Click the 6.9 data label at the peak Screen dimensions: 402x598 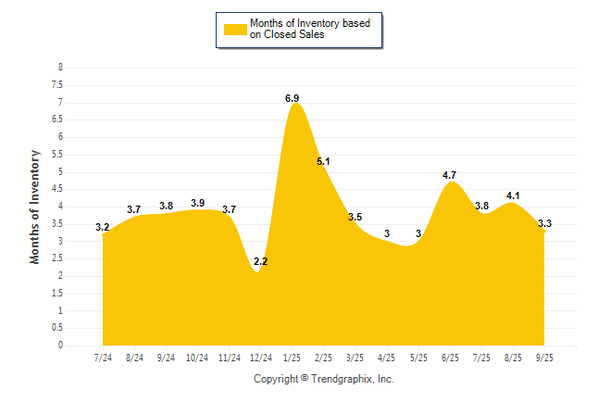[292, 97]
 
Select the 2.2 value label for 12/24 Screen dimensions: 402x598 [260, 262]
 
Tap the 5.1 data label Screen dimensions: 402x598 [323, 161]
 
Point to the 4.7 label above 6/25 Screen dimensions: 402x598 [450, 174]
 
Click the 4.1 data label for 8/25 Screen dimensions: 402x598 [513, 195]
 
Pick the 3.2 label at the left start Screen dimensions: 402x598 [103, 227]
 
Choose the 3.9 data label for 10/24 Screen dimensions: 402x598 [197, 203]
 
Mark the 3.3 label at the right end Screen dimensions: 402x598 [544, 223]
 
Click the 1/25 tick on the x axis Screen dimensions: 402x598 [292, 357]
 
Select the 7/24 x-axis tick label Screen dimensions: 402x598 [103, 357]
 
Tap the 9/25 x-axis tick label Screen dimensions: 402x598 [544, 357]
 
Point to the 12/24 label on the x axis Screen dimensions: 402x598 [260, 357]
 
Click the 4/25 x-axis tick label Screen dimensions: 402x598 [387, 357]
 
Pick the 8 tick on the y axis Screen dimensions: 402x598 [60, 68]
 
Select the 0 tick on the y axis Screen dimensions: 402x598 [60, 345]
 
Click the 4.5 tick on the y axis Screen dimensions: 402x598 [57, 189]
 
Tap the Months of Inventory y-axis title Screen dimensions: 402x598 [35, 207]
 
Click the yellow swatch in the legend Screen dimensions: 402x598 [235, 30]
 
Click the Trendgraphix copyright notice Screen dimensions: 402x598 [324, 379]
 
